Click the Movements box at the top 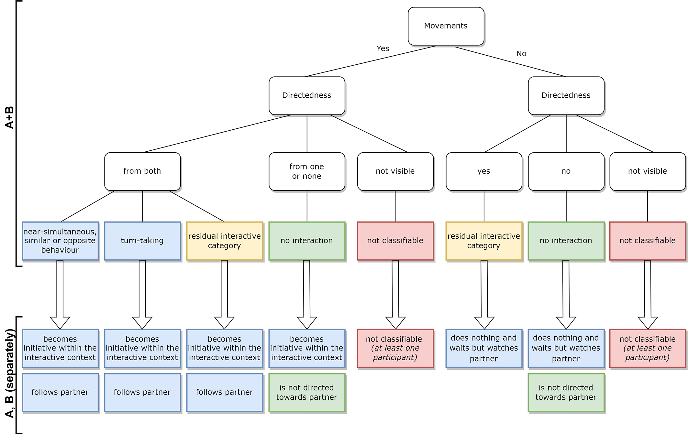coord(446,26)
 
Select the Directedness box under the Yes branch coord(306,95)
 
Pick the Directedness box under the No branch coord(566,95)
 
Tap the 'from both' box coord(142,171)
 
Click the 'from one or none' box coord(306,171)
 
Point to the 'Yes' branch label coord(383,49)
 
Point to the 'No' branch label coord(521,54)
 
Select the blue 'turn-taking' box coord(142,241)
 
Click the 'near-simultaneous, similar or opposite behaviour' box coord(60,241)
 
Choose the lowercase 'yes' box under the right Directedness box coord(483,171)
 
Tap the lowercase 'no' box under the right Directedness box coord(566,171)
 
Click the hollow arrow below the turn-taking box coord(142,294)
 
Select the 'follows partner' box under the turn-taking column coord(142,392)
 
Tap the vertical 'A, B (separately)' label coord(10,374)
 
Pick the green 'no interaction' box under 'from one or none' coord(306,241)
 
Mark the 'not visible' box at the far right coord(647,171)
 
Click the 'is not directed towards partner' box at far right coord(566,392)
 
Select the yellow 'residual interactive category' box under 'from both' coord(224,241)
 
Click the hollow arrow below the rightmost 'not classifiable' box coord(647,294)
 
